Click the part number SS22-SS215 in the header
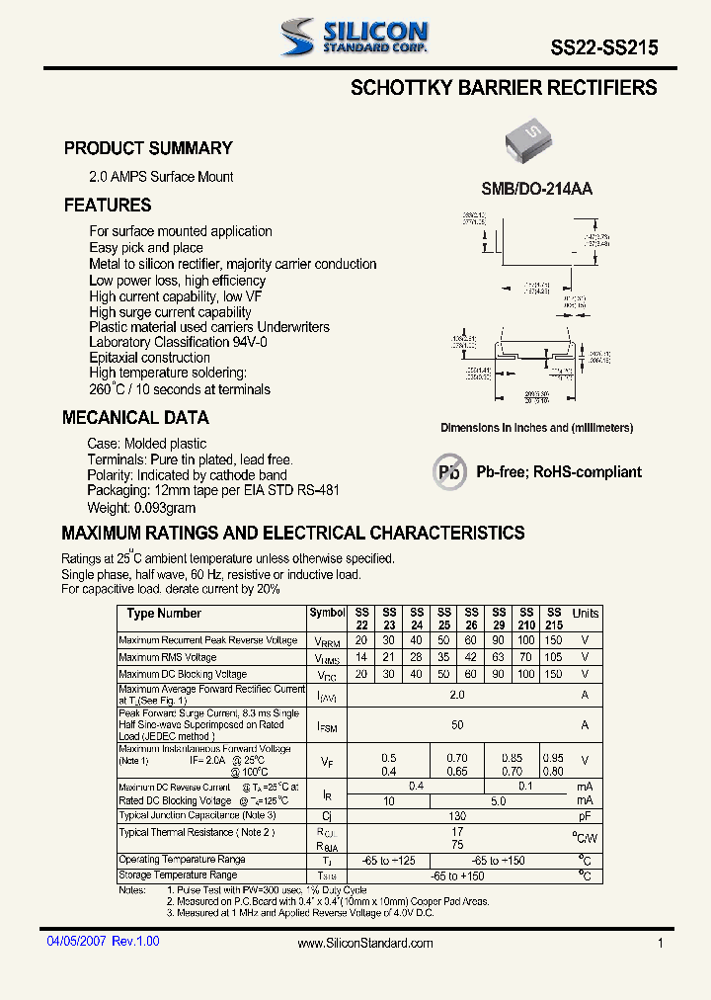pyautogui.click(x=603, y=46)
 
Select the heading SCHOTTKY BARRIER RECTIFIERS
pyautogui.click(x=504, y=88)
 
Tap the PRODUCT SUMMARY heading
pyautogui.click(x=148, y=148)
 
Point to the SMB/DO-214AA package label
pyautogui.click(x=536, y=189)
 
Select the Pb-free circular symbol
pyautogui.click(x=449, y=472)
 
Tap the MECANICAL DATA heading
pyautogui.click(x=135, y=418)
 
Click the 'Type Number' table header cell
pyautogui.click(x=164, y=614)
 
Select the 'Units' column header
pyautogui.click(x=585, y=614)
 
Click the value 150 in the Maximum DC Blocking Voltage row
pyautogui.click(x=553, y=674)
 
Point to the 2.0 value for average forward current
pyautogui.click(x=456, y=695)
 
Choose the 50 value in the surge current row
pyautogui.click(x=456, y=724)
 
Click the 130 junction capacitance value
pyautogui.click(x=456, y=815)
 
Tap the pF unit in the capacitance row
pyautogui.click(x=585, y=815)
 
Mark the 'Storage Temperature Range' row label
pyautogui.click(x=178, y=875)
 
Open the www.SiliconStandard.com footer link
pyautogui.click(x=365, y=944)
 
